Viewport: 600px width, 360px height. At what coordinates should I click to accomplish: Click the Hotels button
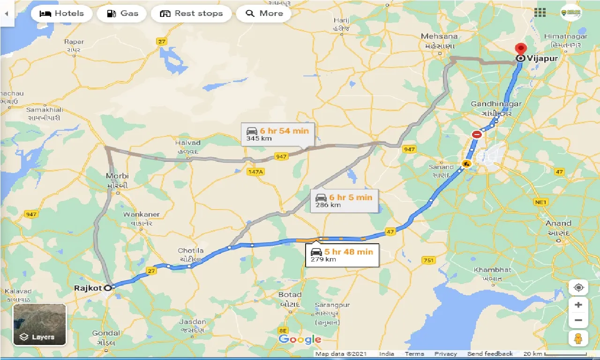[61, 13]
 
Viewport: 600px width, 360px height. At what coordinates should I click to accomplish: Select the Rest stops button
[191, 13]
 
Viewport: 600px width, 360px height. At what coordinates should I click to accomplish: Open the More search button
[264, 13]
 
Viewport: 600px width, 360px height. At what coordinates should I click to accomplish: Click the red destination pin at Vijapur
[520, 49]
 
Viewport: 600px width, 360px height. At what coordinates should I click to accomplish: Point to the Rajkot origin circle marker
[108, 288]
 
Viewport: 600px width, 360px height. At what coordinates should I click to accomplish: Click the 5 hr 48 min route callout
[342, 255]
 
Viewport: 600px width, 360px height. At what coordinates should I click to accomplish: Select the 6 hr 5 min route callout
[344, 201]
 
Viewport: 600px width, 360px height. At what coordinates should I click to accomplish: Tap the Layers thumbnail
[40, 324]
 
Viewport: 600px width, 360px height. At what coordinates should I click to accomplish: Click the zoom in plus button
[578, 305]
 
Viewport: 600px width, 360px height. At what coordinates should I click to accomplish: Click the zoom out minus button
[578, 321]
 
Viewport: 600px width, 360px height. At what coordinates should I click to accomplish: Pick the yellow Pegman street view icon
[578, 338]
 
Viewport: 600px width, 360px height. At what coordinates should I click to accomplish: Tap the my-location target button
[578, 287]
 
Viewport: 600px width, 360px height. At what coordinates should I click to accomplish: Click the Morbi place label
[117, 176]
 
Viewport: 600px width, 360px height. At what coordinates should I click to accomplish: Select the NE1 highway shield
[540, 202]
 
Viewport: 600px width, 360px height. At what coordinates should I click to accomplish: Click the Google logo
[300, 339]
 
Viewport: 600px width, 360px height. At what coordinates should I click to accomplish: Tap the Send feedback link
[490, 354]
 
